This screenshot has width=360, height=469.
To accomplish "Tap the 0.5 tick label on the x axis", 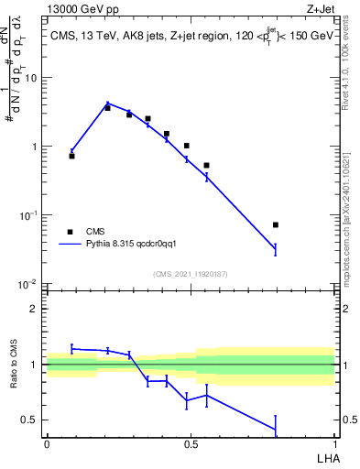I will click(x=191, y=443).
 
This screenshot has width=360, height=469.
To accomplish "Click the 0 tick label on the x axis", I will click(x=47, y=443).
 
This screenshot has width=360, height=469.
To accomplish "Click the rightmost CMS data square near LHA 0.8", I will click(x=276, y=224).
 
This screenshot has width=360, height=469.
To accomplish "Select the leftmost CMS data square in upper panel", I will click(x=72, y=156).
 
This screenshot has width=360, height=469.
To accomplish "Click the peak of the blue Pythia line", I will click(x=108, y=104).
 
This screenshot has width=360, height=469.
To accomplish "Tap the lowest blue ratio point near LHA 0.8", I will click(x=276, y=429).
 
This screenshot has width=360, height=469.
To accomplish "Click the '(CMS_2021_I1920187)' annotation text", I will click(x=190, y=273).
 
